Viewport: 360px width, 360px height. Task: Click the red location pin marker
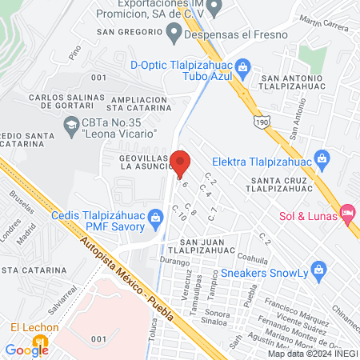click(x=180, y=162)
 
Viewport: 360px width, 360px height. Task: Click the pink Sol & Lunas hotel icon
click(x=347, y=212)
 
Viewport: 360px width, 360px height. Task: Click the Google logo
click(x=27, y=349)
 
